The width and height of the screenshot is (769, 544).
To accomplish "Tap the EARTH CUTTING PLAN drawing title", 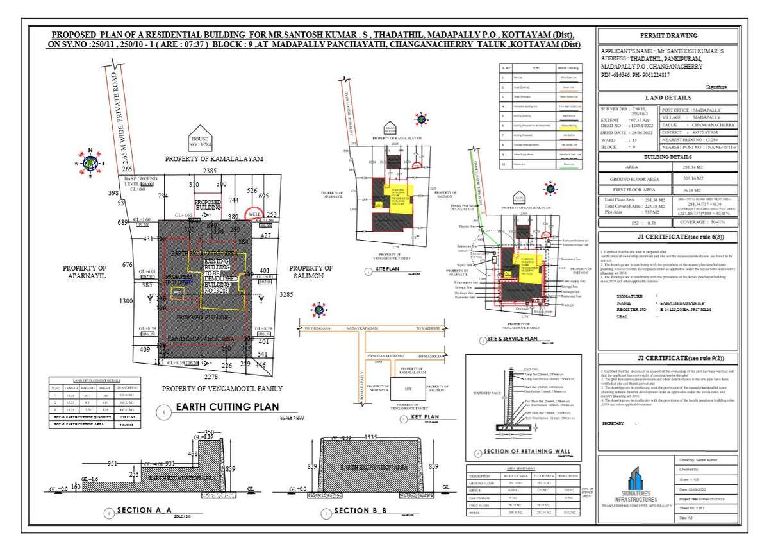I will (227, 406).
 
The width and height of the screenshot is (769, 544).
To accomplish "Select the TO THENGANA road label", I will (318, 328).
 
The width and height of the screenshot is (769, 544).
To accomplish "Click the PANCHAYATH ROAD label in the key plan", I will (384, 355).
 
